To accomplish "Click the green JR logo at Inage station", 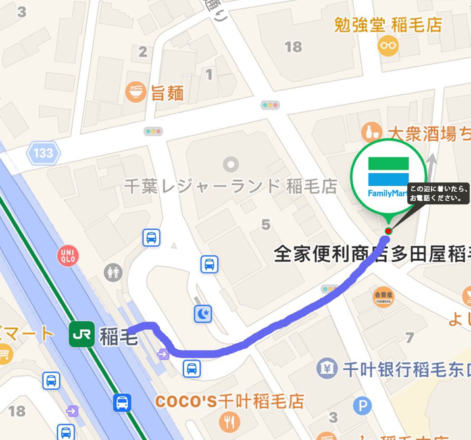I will tap(82, 335).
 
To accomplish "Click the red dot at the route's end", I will tap(388, 231).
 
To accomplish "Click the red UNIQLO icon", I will tap(67, 255).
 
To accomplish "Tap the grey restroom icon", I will tap(113, 271).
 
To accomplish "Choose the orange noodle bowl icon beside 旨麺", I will tap(136, 92).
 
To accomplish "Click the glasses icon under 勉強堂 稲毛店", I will tap(388, 46).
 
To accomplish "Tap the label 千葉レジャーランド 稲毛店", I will tap(230, 186).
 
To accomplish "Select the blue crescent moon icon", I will tap(203, 314).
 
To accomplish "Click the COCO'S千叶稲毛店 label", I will tap(230, 400).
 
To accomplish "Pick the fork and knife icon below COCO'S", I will tap(230, 422).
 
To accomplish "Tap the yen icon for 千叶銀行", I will tap(327, 369).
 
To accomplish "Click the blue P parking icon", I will tap(362, 406).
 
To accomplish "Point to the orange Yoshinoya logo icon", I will tap(383, 296).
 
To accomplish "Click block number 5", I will tap(265, 225).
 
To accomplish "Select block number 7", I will tap(410, 338).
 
